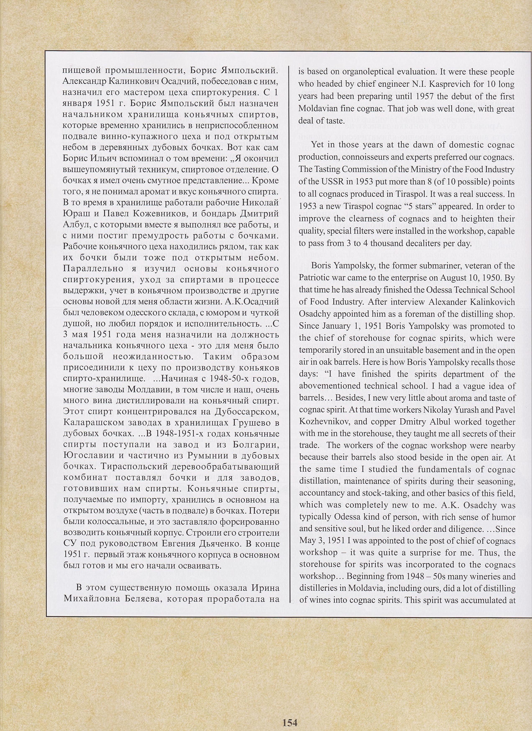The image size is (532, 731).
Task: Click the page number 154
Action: pos(290,720)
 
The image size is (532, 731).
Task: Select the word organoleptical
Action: pos(367,72)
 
